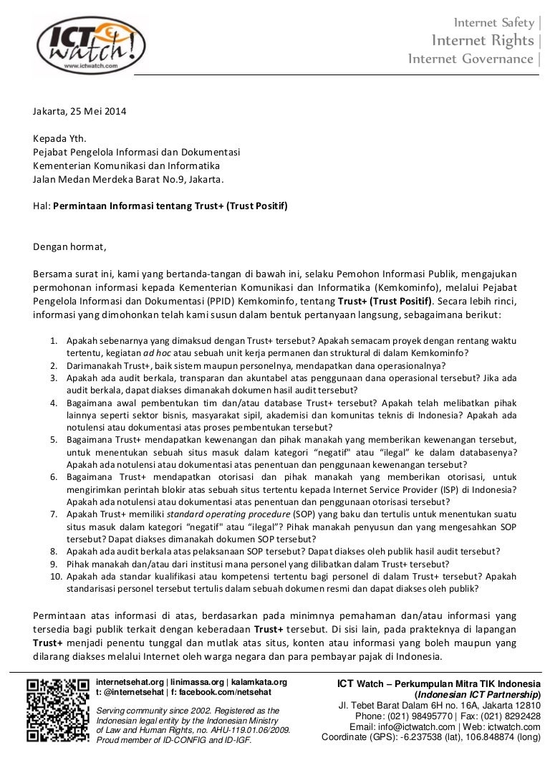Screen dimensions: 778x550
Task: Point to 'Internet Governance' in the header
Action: pos(471,58)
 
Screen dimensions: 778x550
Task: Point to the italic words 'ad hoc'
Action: pos(157,353)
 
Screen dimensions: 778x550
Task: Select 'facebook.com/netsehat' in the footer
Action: pos(233,692)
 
